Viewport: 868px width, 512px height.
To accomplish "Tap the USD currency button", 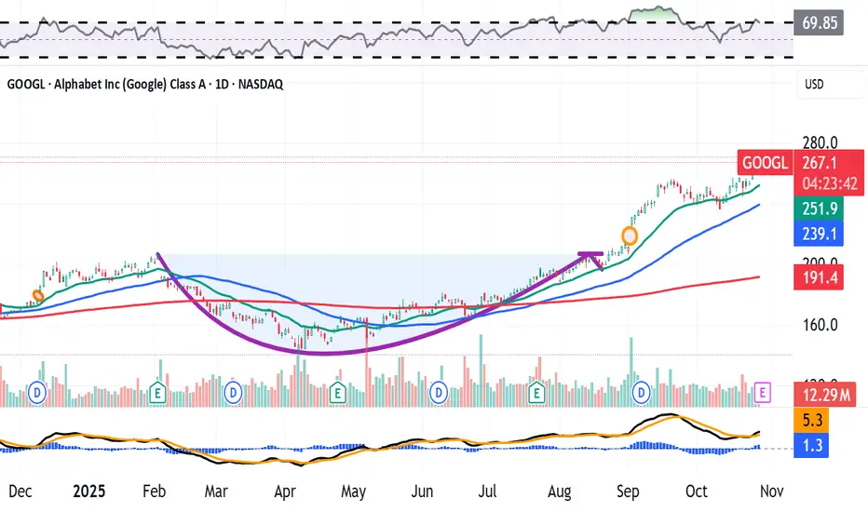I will [x=814, y=85].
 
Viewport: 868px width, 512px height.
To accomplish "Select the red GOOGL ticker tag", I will [x=763, y=162].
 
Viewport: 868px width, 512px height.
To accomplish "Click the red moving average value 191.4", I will [x=817, y=276].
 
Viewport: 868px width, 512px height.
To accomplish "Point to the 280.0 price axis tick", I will [x=820, y=143].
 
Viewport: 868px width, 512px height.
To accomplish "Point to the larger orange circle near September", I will [x=630, y=236].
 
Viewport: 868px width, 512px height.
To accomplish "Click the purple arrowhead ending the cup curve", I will [x=592, y=255].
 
